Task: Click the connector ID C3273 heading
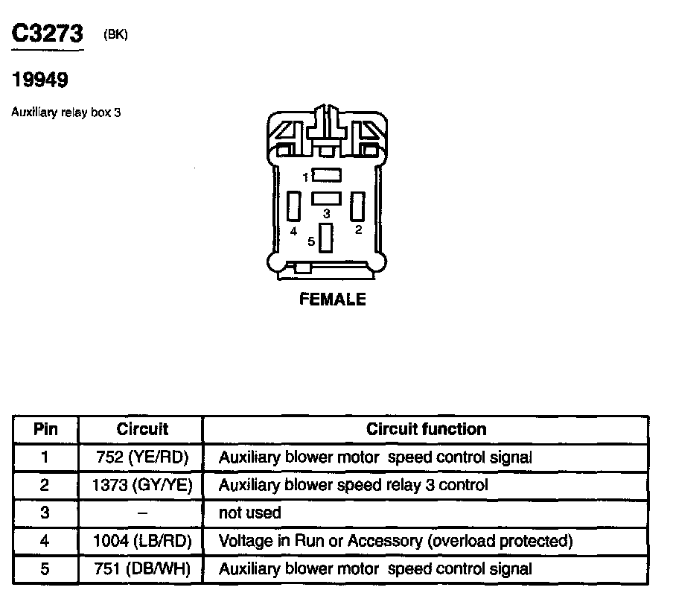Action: (47, 34)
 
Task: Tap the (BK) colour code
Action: (116, 34)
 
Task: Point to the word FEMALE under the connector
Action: (332, 299)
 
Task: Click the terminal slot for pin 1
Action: (326, 176)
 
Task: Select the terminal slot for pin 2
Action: (358, 206)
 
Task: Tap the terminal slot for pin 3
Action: (326, 198)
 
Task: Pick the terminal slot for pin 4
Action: (293, 206)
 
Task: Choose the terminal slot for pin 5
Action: (325, 238)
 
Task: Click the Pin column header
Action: (45, 429)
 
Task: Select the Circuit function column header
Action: (426, 429)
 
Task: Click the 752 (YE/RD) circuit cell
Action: (142, 457)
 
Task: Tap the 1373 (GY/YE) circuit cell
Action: (142, 485)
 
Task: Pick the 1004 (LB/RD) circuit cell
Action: (142, 541)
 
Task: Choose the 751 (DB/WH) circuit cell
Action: (142, 569)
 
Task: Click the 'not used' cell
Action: (249, 513)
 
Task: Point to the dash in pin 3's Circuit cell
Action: (142, 513)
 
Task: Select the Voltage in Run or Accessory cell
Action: (395, 541)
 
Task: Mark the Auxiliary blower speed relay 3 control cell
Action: (353, 485)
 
